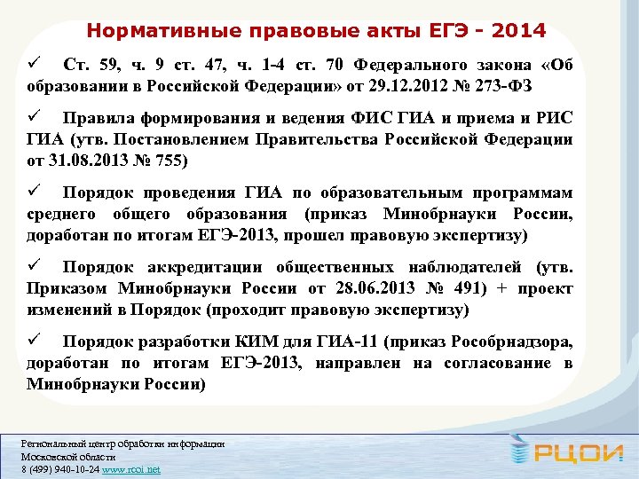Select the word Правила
[100, 118]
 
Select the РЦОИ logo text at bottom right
[572, 454]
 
